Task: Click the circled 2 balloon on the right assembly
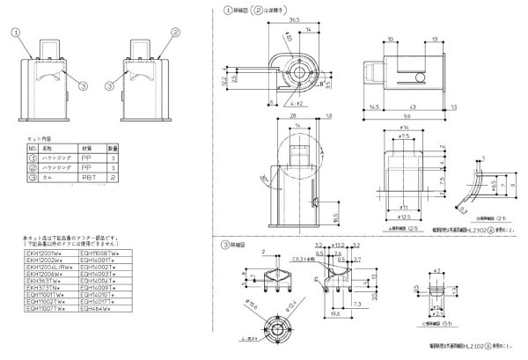coord(176,31)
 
